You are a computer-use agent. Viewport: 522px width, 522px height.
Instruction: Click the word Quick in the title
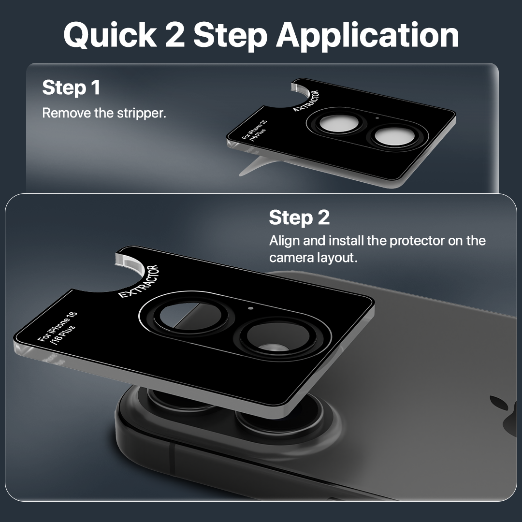pyautogui.click(x=110, y=35)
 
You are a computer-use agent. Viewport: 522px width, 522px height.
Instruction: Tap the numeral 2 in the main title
pyautogui.click(x=175, y=35)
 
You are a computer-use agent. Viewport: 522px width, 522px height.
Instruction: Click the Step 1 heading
pyautogui.click(x=71, y=88)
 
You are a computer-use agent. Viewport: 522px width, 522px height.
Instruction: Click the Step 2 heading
pyautogui.click(x=299, y=217)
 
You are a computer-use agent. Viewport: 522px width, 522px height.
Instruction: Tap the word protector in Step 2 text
pyautogui.click(x=417, y=241)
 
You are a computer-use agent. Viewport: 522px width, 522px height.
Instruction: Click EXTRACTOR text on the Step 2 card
pyautogui.click(x=139, y=281)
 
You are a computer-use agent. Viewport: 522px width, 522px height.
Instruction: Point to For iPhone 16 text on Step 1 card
pyautogui.click(x=254, y=130)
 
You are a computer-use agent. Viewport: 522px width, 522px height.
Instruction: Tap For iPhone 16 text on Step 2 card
pyautogui.click(x=57, y=327)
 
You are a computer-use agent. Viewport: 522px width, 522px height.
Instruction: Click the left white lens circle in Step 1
pyautogui.click(x=337, y=124)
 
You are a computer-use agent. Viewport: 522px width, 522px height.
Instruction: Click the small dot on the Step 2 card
pyautogui.click(x=251, y=308)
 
